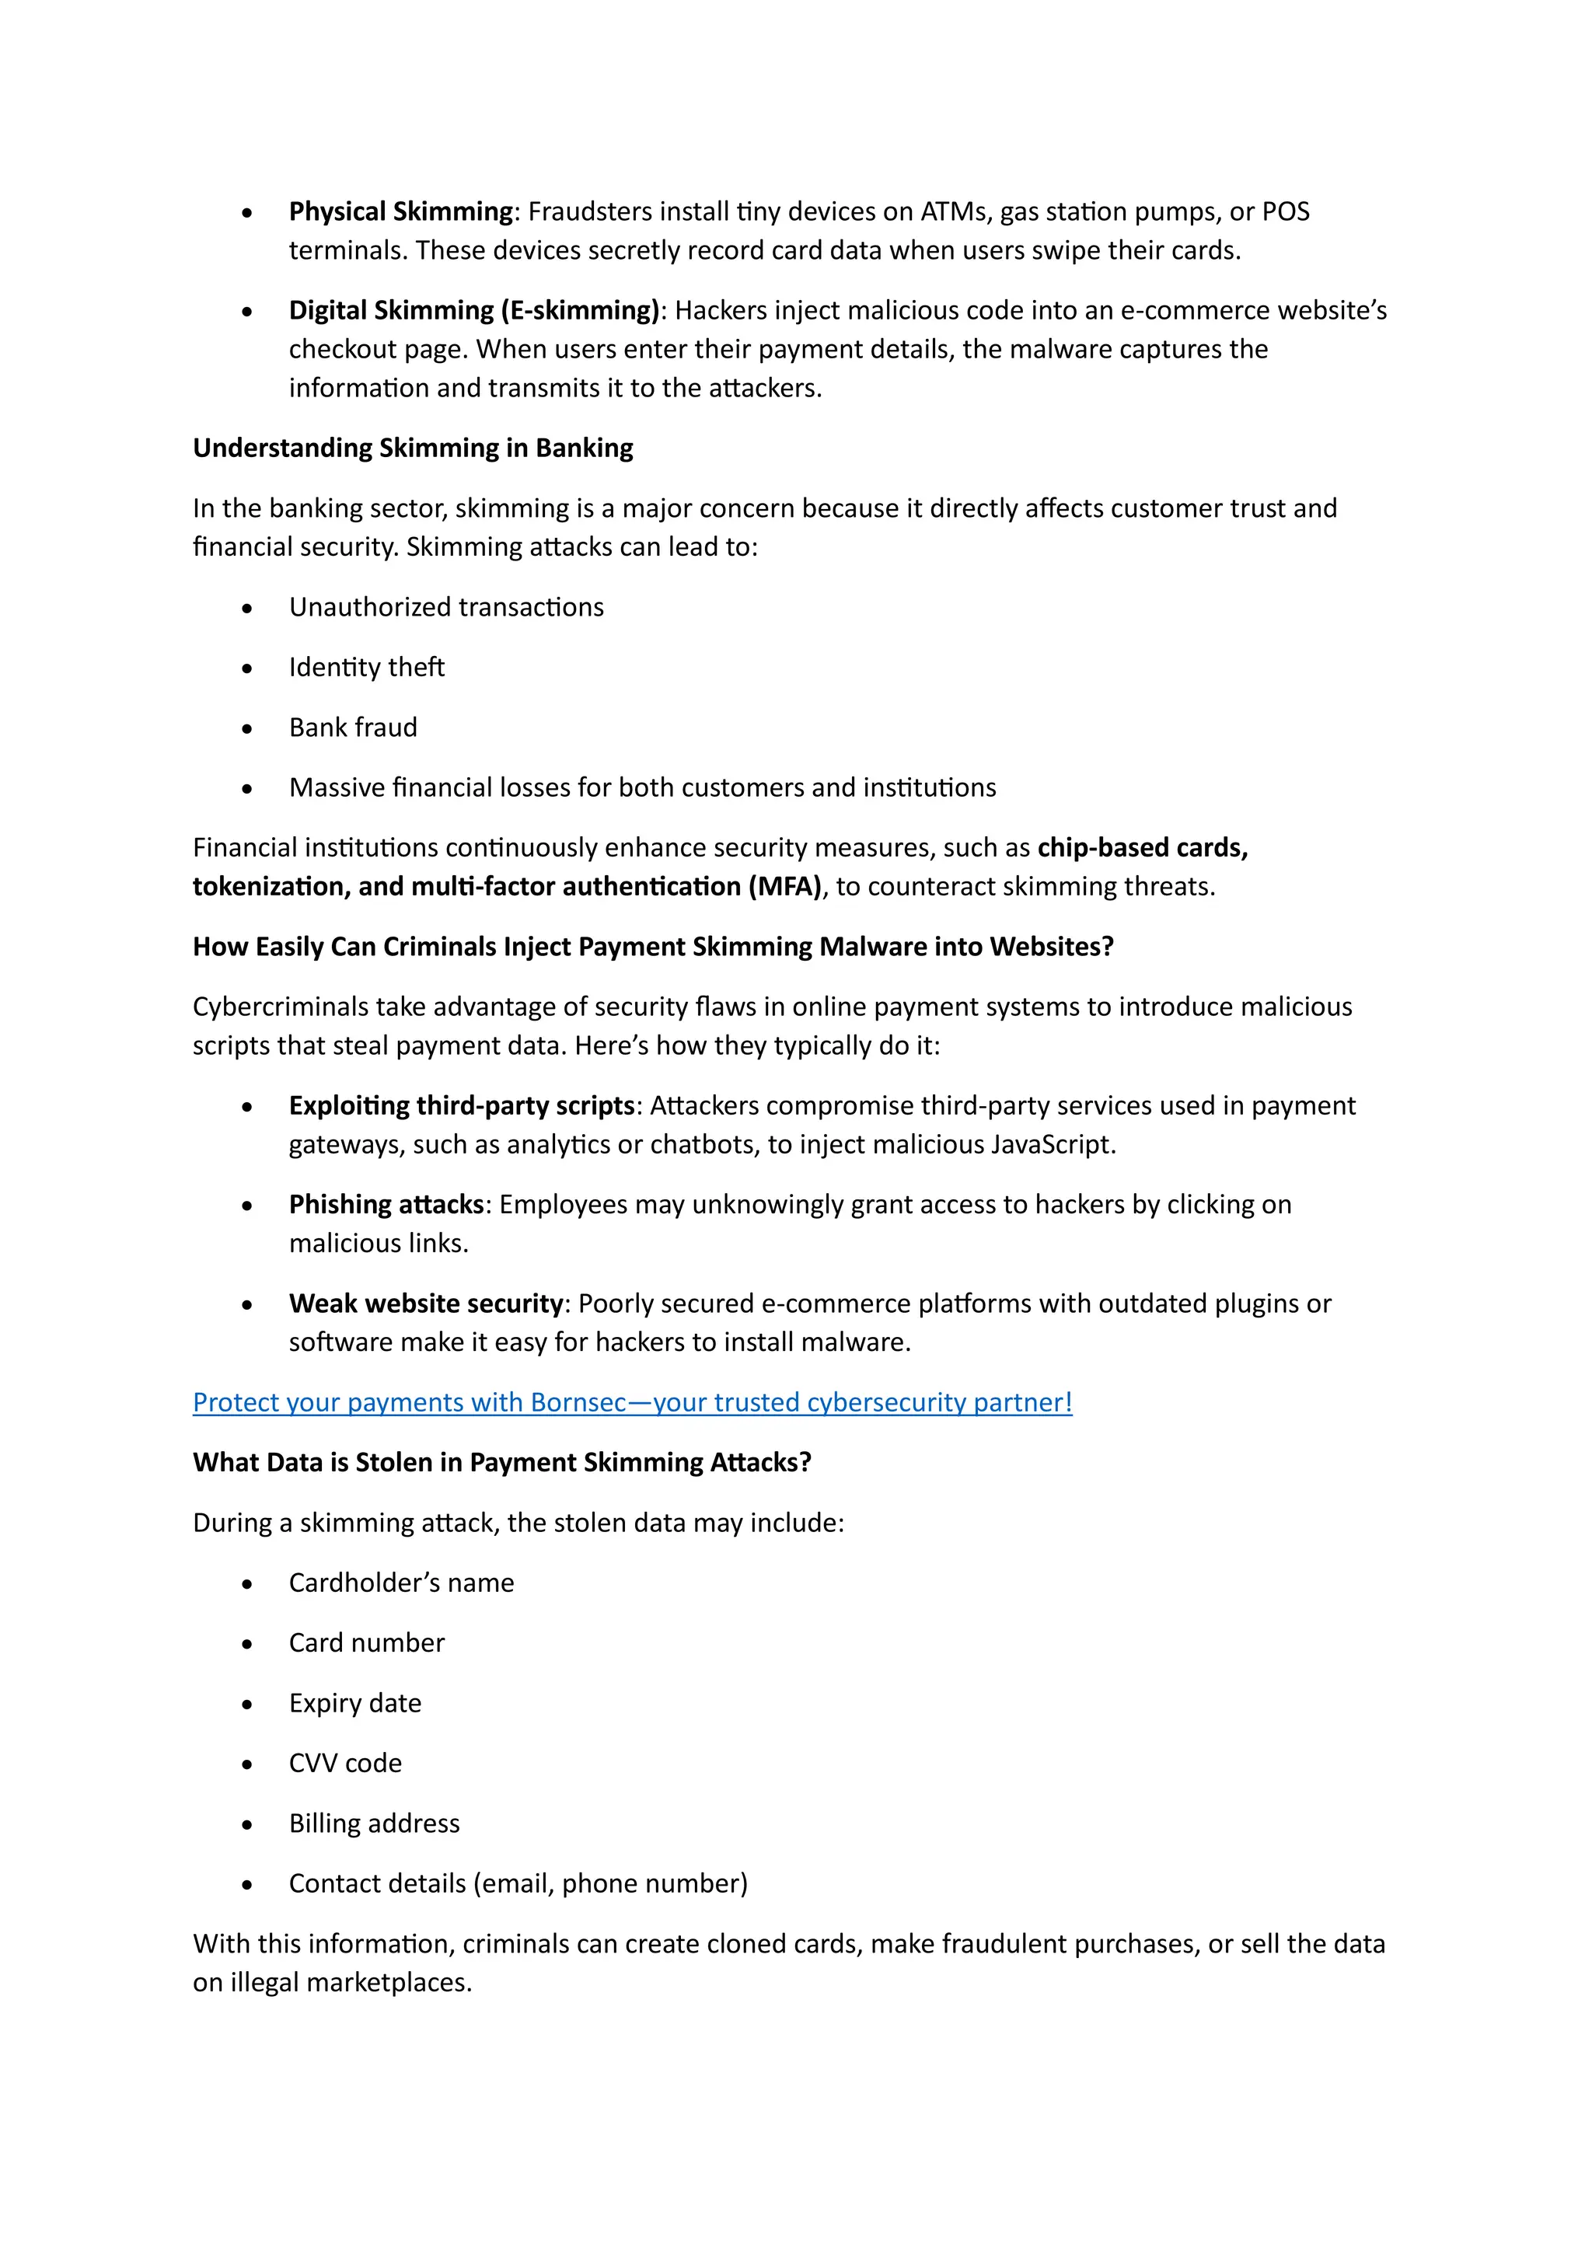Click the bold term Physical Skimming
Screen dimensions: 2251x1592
(x=400, y=211)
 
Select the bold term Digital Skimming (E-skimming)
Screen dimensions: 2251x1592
(x=473, y=311)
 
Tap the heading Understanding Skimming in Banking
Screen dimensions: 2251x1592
(x=413, y=448)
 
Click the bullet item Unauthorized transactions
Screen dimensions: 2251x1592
(x=446, y=608)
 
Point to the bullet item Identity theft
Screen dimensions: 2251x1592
(x=367, y=668)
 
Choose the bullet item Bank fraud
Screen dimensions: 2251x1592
(x=353, y=728)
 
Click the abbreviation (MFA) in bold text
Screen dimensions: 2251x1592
(x=784, y=887)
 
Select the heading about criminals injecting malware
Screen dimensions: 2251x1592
(x=653, y=947)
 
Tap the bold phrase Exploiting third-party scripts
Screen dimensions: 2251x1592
(x=462, y=1106)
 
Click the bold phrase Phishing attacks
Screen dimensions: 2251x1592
(x=386, y=1205)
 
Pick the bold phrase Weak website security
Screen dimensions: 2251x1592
(x=425, y=1304)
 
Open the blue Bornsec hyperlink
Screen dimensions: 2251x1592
(x=632, y=1403)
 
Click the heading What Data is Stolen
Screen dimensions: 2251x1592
(x=502, y=1463)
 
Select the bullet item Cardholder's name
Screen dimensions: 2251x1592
(x=401, y=1583)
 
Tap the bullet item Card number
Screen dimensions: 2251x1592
(x=367, y=1643)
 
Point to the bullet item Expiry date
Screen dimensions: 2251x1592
(x=355, y=1704)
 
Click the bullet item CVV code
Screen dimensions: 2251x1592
(x=345, y=1764)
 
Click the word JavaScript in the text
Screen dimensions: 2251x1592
(x=1050, y=1145)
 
